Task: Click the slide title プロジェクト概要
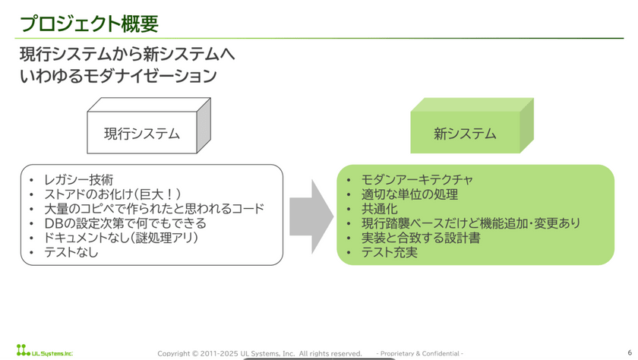[x=89, y=23]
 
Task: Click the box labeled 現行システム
[x=142, y=134]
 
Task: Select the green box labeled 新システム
[x=465, y=134]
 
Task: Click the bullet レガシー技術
[x=78, y=180]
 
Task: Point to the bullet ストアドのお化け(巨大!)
[x=112, y=194]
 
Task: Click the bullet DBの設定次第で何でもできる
[x=125, y=223]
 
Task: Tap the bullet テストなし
[x=71, y=252]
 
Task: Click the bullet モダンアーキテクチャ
[x=417, y=180]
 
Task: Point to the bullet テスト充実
[x=390, y=252]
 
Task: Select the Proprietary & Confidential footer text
[x=420, y=354]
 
